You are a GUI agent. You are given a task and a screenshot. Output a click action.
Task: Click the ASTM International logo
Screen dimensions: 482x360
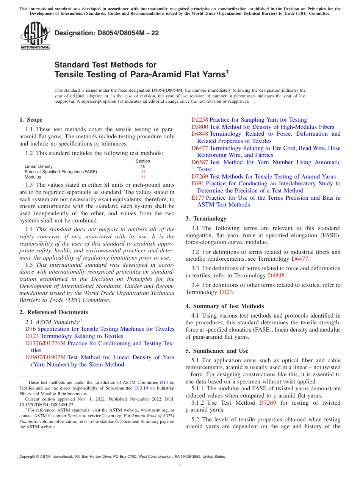(x=35, y=36)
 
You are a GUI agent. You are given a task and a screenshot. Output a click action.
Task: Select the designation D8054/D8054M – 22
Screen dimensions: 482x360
(x=106, y=33)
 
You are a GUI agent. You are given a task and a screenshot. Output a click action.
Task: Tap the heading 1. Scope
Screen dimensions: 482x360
(x=31, y=120)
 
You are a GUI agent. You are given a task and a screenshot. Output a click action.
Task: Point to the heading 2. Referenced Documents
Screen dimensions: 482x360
(x=54, y=312)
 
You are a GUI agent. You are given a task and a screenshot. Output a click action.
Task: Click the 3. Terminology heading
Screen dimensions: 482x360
(x=206, y=219)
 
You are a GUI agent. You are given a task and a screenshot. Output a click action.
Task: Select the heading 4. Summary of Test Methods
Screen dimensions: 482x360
(x=225, y=306)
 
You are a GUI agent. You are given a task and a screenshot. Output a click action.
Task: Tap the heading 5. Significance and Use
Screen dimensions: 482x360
(x=217, y=351)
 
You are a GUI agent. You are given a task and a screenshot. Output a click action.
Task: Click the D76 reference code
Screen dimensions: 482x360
(x=30, y=329)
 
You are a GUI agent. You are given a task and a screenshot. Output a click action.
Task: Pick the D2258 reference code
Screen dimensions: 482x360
(x=199, y=120)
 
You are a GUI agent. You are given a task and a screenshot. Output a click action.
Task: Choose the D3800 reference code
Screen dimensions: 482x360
(x=199, y=127)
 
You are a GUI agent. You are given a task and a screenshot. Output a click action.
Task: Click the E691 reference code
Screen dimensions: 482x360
(x=197, y=183)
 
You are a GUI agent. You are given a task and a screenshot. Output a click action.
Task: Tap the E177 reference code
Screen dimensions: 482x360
(x=197, y=198)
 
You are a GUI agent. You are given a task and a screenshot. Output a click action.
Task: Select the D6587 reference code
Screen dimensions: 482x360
(x=199, y=162)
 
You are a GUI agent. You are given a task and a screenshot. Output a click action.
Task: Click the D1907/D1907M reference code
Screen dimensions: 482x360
(x=45, y=357)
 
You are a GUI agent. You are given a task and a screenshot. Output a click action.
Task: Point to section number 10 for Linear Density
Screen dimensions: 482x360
(x=143, y=166)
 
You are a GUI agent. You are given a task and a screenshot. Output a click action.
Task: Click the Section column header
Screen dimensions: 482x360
(x=143, y=161)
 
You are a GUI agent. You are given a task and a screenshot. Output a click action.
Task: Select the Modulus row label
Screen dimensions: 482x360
(x=33, y=177)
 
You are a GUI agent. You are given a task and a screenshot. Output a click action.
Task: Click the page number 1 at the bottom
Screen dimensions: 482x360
(x=180, y=466)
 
